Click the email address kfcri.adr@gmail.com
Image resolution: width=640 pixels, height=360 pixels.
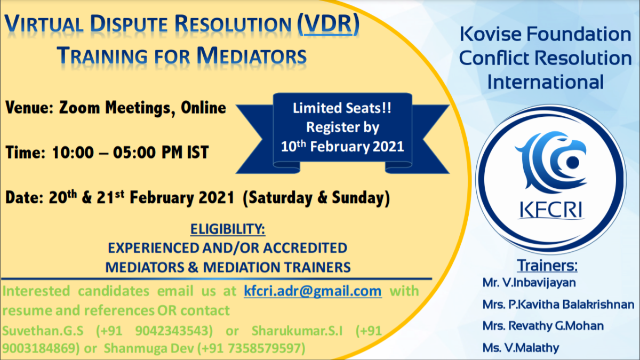313,291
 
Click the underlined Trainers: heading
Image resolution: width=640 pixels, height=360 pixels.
548,265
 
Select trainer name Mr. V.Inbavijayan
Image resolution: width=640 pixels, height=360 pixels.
522,283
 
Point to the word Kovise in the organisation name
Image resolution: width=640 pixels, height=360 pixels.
490,36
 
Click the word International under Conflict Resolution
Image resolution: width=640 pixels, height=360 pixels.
546,82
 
